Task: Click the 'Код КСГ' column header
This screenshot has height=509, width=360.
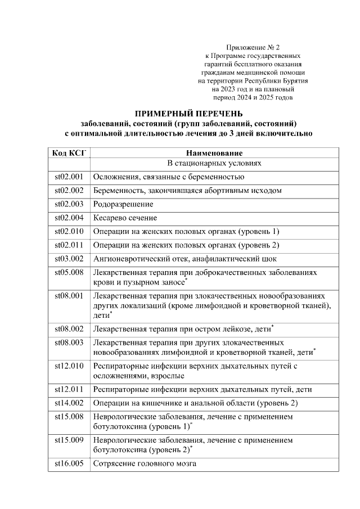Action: point(69,153)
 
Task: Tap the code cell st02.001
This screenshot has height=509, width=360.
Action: point(69,177)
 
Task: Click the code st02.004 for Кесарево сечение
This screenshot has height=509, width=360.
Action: point(69,218)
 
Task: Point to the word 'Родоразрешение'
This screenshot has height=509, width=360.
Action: point(123,204)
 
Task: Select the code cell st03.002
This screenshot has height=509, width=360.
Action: point(69,259)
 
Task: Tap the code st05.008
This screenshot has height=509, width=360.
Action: point(69,272)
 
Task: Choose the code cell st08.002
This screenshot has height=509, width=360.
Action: point(69,327)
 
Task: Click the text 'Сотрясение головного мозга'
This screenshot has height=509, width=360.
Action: point(145,464)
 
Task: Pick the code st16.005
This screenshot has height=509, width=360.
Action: point(69,464)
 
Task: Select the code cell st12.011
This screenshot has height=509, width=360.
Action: point(69,389)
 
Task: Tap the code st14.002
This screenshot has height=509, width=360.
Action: point(69,403)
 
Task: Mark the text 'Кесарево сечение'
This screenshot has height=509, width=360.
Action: point(125,218)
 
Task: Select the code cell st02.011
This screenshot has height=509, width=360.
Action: point(69,245)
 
